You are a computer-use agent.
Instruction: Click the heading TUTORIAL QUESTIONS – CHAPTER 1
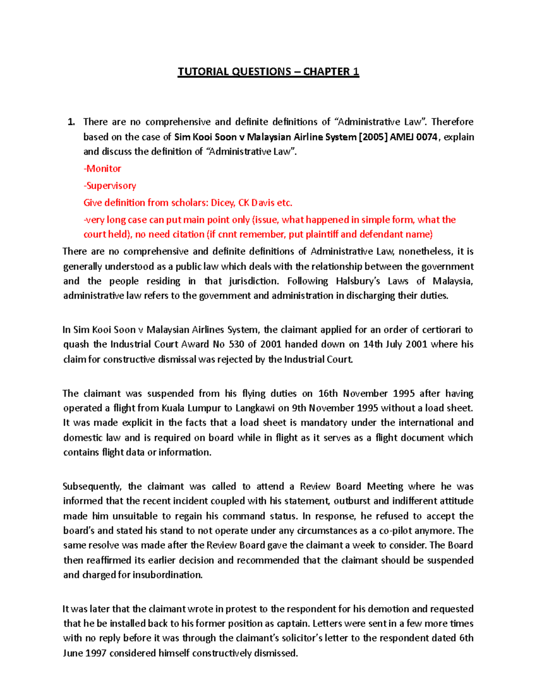(x=268, y=72)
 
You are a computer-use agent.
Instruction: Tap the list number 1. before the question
(x=71, y=122)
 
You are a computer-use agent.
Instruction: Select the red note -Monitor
(x=102, y=169)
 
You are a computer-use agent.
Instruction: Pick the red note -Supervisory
(x=110, y=186)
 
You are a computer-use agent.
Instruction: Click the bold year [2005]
(x=373, y=137)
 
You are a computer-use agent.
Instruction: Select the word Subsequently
(x=92, y=486)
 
